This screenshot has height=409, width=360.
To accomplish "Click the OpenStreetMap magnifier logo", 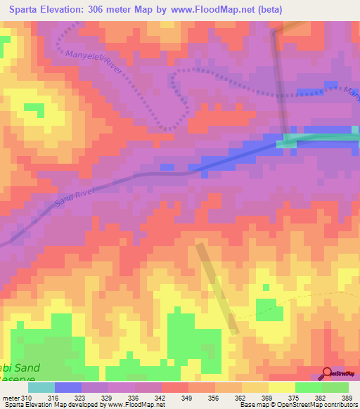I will coord(328,374).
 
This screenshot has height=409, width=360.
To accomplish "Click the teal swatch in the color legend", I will coord(41,387).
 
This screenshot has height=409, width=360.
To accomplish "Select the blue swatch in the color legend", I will coord(67,387).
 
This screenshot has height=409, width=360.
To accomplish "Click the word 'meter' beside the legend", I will coord(11,398).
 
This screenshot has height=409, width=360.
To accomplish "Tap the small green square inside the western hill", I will coord(34,109).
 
